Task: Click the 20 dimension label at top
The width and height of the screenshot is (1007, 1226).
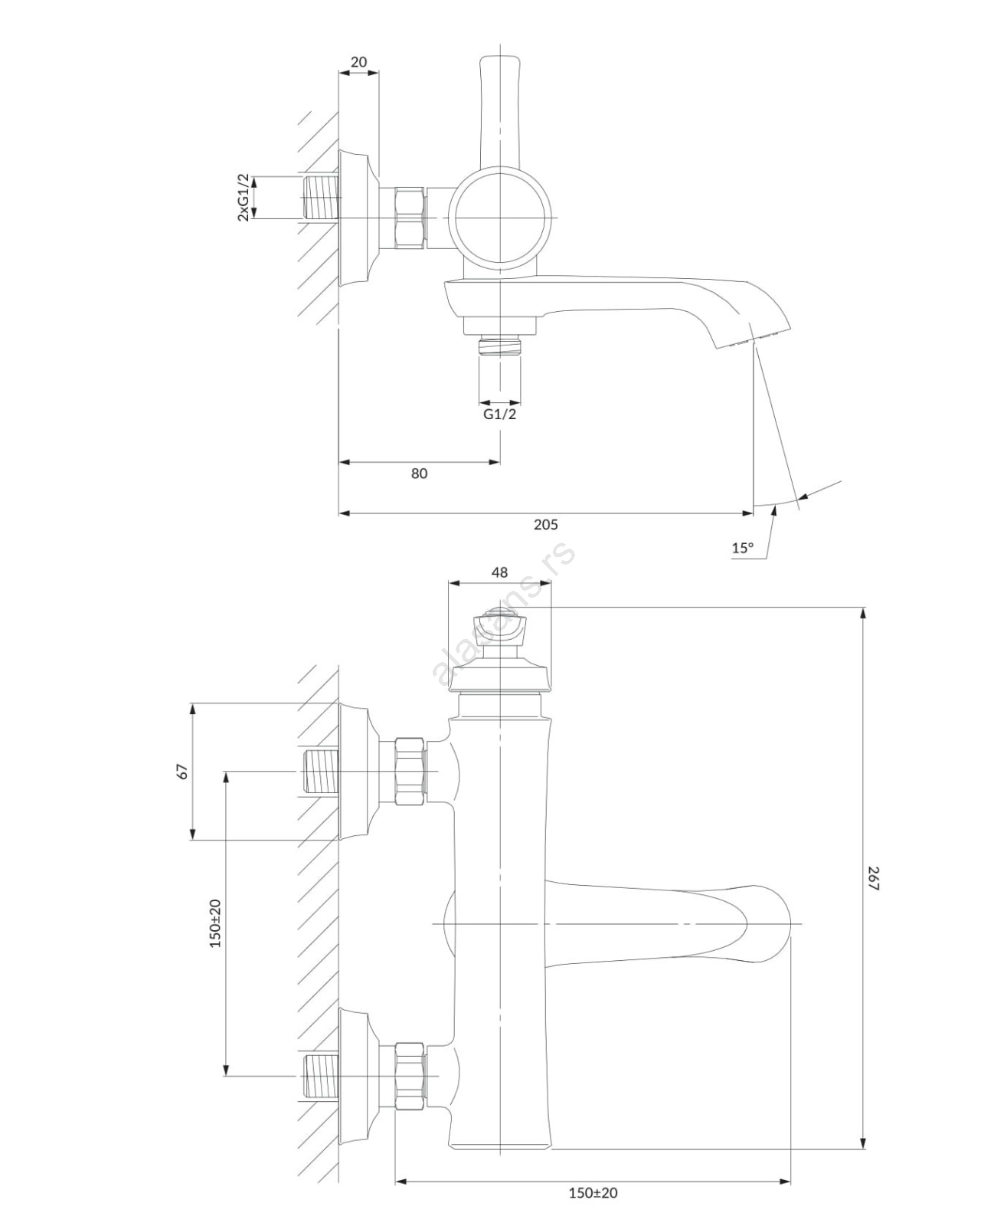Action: click(x=358, y=62)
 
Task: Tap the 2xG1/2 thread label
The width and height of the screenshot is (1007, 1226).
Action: click(x=243, y=198)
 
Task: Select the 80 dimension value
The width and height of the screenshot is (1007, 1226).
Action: click(x=419, y=474)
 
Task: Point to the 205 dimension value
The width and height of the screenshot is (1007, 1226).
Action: click(x=545, y=525)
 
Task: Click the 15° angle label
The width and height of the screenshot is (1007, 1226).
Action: click(x=742, y=548)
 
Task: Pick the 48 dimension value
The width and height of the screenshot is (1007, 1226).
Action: click(x=499, y=572)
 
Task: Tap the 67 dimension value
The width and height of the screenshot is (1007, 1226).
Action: click(x=182, y=771)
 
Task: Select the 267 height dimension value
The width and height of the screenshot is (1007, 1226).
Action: click(x=875, y=878)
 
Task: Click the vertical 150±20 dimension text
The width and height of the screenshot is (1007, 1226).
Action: click(x=215, y=923)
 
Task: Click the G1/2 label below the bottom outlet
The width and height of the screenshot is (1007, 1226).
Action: click(x=499, y=415)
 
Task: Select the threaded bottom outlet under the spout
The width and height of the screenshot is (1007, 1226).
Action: click(x=499, y=346)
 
